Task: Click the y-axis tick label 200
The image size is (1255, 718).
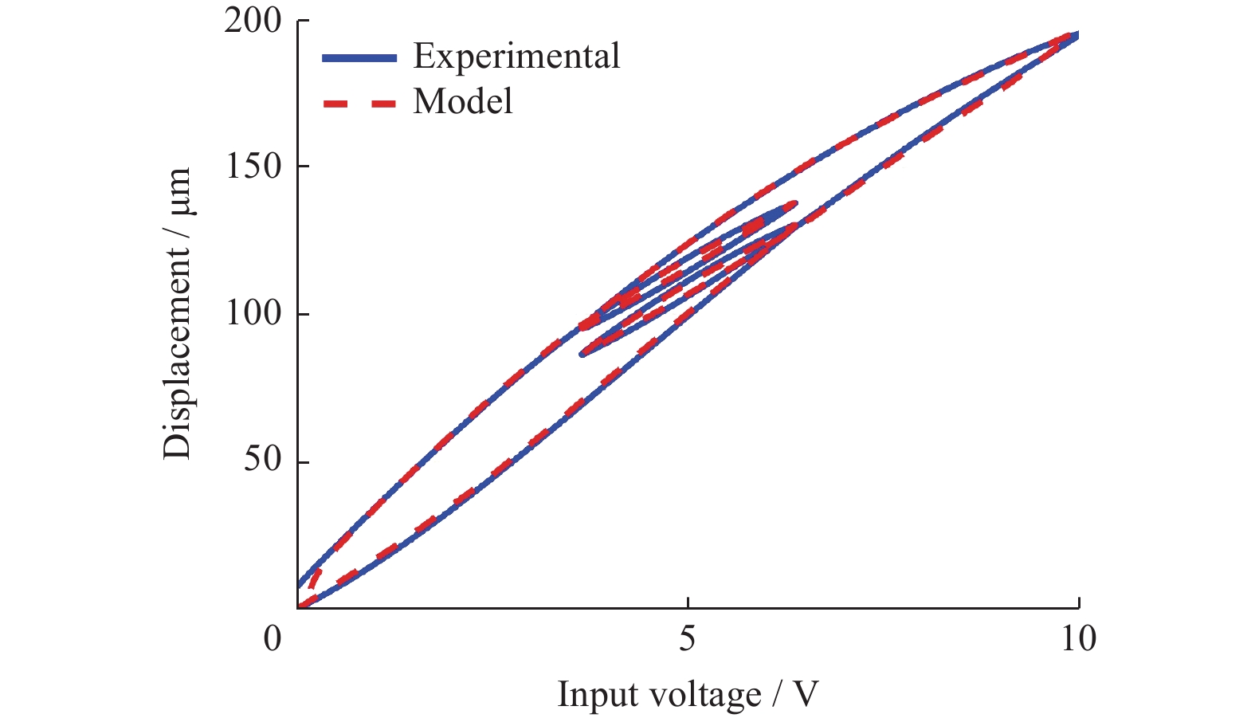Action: click(x=253, y=22)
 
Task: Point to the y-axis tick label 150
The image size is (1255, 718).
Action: click(x=253, y=167)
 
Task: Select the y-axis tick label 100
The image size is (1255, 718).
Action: click(x=253, y=313)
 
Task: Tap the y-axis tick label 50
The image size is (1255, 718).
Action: click(x=262, y=460)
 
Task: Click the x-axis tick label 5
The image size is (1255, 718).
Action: click(x=687, y=639)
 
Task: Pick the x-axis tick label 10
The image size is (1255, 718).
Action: click(x=1077, y=639)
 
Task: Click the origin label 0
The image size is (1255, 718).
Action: click(x=273, y=639)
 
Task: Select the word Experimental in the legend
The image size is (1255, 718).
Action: click(x=516, y=57)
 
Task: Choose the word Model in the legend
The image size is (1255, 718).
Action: click(x=463, y=102)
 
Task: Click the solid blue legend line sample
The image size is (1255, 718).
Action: click(x=359, y=57)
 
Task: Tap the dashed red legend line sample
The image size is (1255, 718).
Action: click(x=359, y=103)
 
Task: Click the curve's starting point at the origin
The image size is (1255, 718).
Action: click(x=299, y=606)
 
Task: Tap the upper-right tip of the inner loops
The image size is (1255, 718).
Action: click(x=794, y=204)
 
